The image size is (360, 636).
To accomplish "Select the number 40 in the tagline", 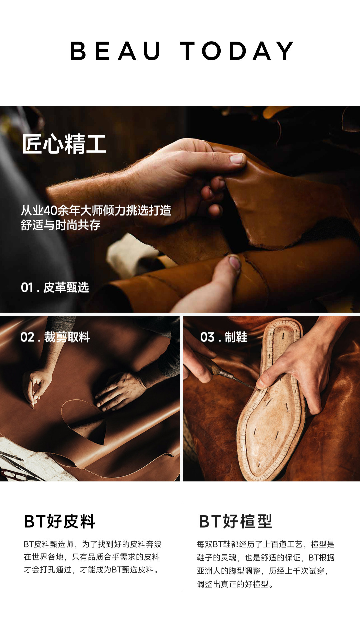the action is coord(50,211).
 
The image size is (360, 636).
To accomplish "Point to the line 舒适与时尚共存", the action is coord(61,225).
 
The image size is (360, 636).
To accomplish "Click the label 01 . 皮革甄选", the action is coord(55,287).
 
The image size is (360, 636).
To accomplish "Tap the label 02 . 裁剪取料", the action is coord(55,337).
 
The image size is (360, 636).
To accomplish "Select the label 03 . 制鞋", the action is coord(224,337).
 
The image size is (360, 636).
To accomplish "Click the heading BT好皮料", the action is coord(60,521).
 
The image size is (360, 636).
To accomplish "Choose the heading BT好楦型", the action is coord(236,521).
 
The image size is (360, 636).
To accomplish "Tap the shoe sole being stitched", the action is coord(272,400).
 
